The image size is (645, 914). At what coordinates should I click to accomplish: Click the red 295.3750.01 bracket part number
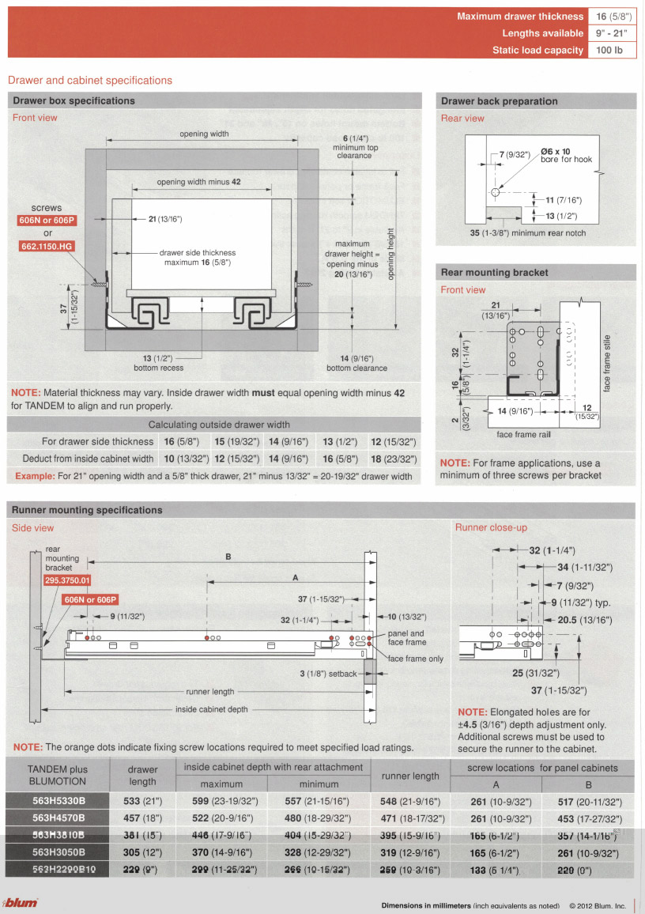point(67,580)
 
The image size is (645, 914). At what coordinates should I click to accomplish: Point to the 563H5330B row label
point(58,801)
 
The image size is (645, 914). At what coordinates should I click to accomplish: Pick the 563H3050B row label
point(58,853)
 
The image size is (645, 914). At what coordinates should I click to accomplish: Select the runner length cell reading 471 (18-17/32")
point(413,818)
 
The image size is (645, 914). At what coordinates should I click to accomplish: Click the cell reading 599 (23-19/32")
point(222,801)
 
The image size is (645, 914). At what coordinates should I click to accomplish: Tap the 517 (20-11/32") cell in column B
point(589,801)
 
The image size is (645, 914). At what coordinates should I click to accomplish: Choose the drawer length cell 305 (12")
point(142,853)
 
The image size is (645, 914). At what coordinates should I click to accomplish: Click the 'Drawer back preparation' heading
point(500,101)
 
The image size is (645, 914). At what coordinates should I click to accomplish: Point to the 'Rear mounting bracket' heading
point(494,273)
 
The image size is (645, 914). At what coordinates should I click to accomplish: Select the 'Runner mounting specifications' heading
point(87,510)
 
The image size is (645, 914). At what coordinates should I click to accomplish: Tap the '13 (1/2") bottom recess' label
point(158,363)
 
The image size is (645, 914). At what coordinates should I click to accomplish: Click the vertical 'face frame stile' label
point(607,363)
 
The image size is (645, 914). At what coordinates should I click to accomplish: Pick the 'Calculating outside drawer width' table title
point(219,425)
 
